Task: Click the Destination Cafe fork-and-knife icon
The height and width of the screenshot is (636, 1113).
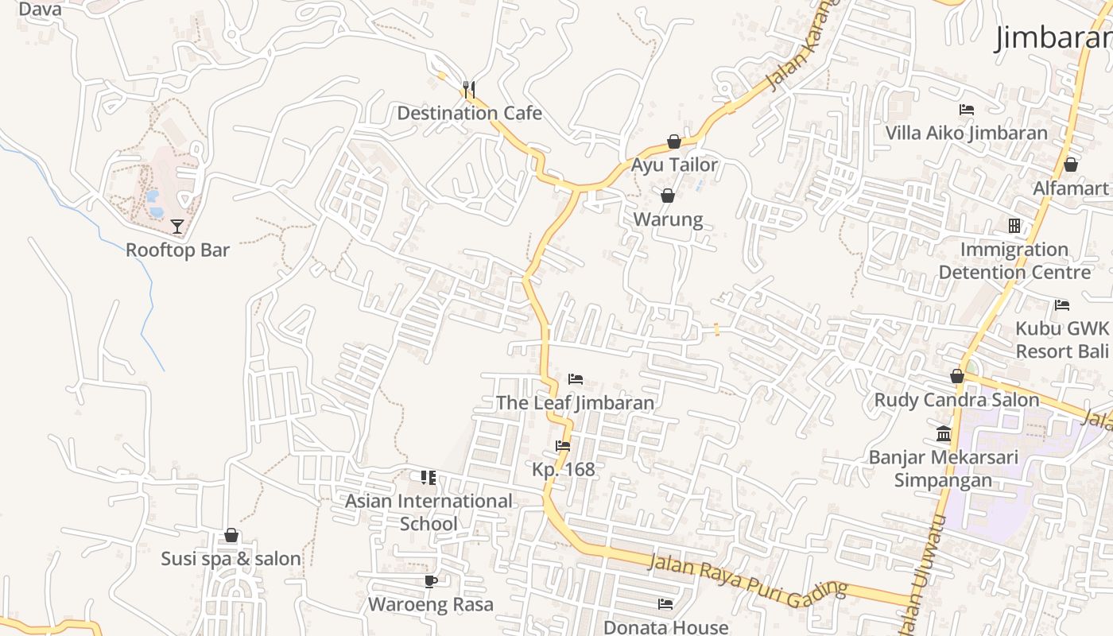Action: (x=469, y=89)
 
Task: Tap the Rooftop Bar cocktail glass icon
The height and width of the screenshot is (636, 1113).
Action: (x=177, y=227)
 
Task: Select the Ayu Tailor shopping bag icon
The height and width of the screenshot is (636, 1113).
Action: (x=674, y=142)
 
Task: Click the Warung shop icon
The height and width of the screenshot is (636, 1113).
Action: (x=668, y=196)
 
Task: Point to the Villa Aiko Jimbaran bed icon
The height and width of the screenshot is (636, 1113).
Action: (x=967, y=110)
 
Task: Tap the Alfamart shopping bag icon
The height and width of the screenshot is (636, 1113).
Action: (x=1071, y=165)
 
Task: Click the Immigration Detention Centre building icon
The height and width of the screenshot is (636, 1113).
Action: (x=1014, y=226)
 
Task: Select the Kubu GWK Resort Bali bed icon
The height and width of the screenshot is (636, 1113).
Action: (x=1062, y=304)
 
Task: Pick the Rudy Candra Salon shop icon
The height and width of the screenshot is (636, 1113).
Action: (x=957, y=376)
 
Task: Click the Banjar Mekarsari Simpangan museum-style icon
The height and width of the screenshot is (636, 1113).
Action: (x=944, y=433)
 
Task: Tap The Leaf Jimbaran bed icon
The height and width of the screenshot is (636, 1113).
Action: (x=576, y=379)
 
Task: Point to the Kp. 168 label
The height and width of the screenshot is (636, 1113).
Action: (x=564, y=469)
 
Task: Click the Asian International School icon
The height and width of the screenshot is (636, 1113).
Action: (x=429, y=478)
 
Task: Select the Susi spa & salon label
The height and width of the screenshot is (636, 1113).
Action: (x=231, y=559)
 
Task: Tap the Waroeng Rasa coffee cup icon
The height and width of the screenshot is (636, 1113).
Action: (x=430, y=581)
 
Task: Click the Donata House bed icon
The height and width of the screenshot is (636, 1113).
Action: (x=666, y=604)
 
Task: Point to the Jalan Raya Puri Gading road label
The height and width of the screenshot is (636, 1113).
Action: (x=748, y=580)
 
